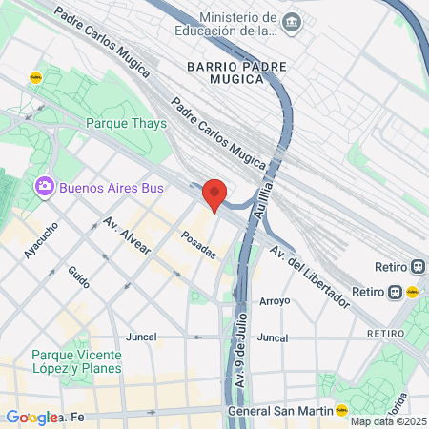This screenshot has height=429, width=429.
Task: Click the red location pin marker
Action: click(214, 194)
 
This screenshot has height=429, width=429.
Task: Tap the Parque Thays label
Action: click(126, 123)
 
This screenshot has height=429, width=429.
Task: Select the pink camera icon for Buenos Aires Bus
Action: click(42, 187)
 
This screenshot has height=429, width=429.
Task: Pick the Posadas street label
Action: click(198, 244)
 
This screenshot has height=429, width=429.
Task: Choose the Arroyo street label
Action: click(274, 300)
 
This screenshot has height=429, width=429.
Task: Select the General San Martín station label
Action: click(278, 411)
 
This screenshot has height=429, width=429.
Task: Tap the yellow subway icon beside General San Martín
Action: click(341, 411)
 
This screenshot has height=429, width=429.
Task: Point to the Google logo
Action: click(31, 418)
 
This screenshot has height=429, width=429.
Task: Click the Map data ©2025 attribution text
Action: click(389, 421)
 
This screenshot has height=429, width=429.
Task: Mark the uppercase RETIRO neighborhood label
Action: click(384, 334)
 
